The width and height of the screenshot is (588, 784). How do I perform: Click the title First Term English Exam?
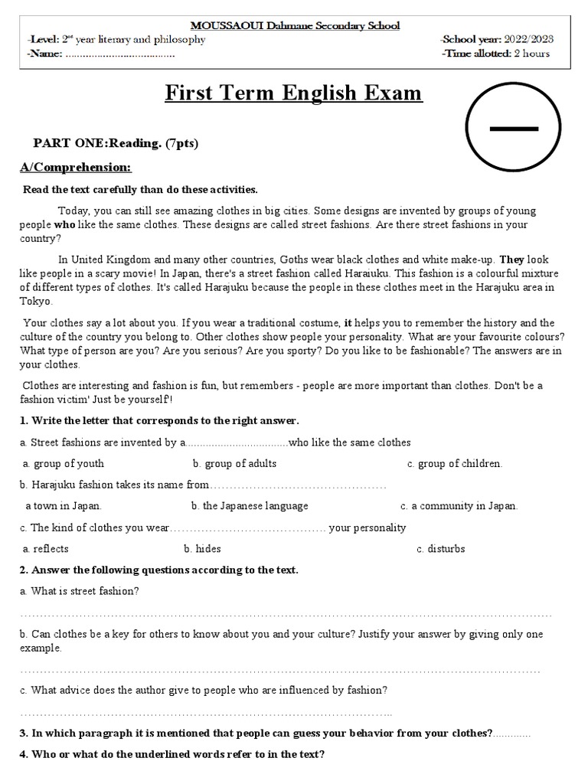click(x=294, y=93)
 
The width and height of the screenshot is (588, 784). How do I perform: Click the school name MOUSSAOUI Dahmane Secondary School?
click(x=294, y=25)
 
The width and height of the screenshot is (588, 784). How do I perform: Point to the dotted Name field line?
click(x=120, y=54)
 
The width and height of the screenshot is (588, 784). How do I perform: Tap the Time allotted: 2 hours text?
click(x=495, y=54)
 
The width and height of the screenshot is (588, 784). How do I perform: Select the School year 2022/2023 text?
click(x=498, y=39)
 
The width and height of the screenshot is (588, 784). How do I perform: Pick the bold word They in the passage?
click(x=512, y=260)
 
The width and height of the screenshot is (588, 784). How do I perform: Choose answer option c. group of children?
click(x=455, y=463)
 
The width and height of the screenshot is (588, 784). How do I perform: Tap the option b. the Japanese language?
click(x=250, y=506)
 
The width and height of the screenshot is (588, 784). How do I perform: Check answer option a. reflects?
click(x=46, y=549)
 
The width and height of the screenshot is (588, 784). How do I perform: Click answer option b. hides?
click(x=202, y=549)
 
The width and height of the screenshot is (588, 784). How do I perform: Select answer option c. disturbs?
click(x=441, y=549)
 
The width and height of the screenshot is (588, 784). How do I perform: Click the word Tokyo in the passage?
click(x=34, y=301)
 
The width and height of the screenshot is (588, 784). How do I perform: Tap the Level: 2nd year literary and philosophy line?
click(x=115, y=39)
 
